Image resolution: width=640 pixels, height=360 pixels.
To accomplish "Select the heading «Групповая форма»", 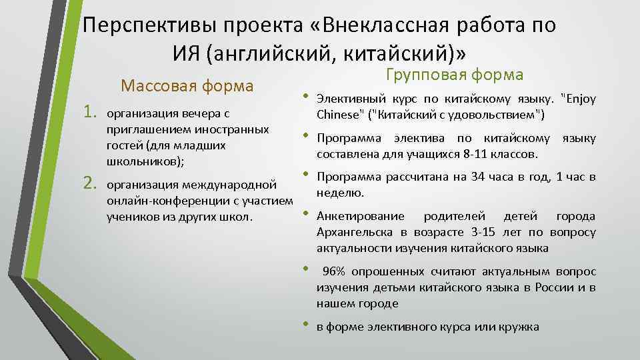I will pyautogui.click(x=455, y=74).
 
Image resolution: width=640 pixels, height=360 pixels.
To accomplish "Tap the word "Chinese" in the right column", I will pyautogui.click(x=337, y=114).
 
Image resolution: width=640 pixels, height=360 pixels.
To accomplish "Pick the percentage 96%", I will pyautogui.click(x=336, y=271).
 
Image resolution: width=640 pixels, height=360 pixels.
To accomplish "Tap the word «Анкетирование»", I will pyautogui.click(x=360, y=216).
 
